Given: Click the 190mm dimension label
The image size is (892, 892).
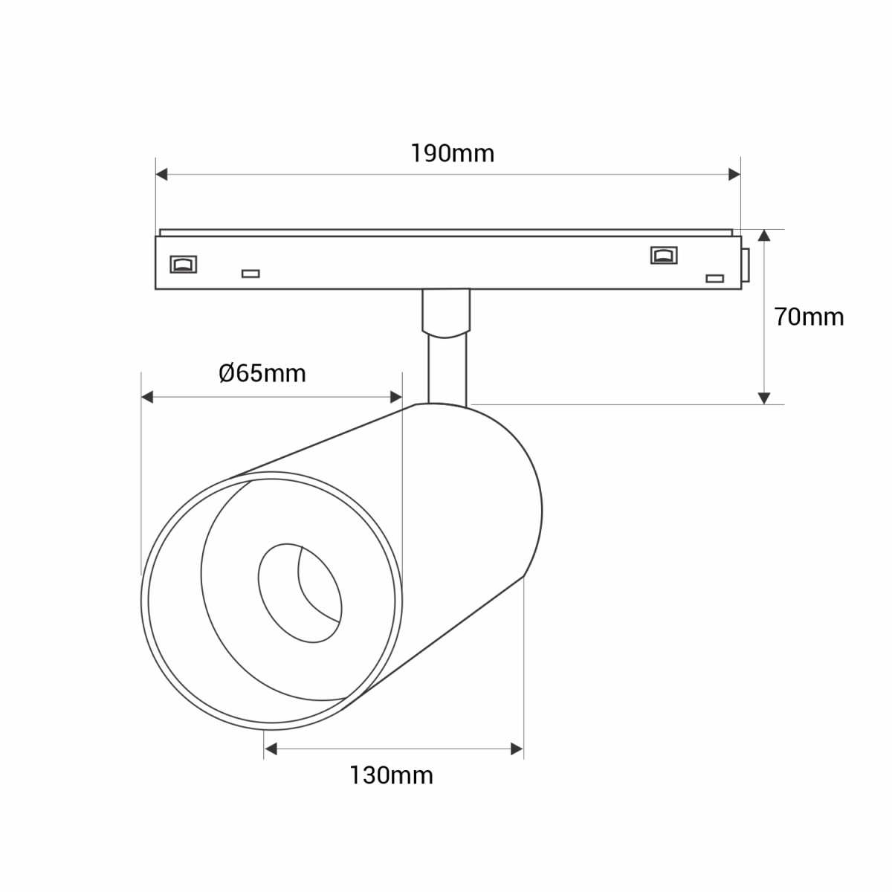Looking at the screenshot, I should pos(452,153).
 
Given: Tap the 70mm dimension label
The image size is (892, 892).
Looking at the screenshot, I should pos(809,317).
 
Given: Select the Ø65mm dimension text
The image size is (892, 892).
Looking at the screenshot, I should pos(262,372).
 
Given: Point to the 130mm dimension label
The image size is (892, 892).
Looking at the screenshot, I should pos(391,775).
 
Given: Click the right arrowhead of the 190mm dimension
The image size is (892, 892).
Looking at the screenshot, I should pos(734,174).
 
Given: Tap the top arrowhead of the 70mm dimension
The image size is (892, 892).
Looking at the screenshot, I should pos(764,236).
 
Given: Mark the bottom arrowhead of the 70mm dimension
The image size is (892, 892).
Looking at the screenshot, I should pos(764,398).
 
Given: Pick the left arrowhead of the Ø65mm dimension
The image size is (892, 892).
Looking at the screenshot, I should pos(147,397).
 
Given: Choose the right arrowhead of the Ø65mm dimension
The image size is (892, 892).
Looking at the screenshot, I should pos(395,397).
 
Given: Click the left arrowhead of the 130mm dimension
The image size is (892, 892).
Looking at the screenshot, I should pos(271,749).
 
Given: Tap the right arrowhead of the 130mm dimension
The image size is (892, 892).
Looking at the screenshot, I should pos(517,749).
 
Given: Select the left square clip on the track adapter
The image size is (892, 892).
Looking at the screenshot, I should pos(183,263).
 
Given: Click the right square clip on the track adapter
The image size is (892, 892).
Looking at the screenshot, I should pos(663,255).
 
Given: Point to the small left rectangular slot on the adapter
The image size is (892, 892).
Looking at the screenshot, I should pos(251,274).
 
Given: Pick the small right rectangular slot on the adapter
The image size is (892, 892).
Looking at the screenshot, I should pos(714,278).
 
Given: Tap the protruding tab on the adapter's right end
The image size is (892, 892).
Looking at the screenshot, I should pos(745,265).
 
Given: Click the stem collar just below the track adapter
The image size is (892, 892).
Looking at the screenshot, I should pos(446,312).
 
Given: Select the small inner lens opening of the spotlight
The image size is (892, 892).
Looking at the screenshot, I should pos(300,592).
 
